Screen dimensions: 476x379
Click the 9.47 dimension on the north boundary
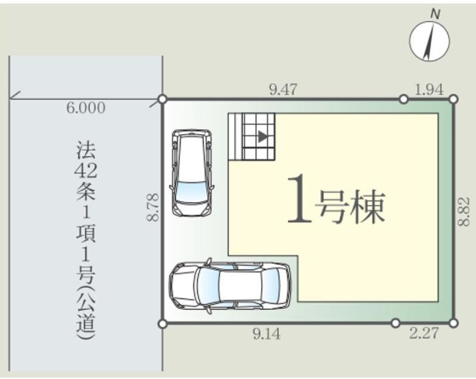283,90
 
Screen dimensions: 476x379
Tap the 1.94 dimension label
429,90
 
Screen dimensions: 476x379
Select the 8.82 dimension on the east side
464,211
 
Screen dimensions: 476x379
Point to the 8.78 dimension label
153,207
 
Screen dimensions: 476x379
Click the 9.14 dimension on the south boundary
267,334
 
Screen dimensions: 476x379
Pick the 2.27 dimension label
424,333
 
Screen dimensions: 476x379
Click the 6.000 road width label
86,108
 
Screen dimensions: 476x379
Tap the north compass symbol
429,41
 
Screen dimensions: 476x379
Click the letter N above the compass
436,14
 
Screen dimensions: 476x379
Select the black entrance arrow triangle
263,136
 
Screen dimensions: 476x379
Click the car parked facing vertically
192,173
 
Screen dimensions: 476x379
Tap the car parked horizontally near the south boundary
230,286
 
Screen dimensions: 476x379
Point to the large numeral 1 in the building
300,199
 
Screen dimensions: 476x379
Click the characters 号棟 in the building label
350,207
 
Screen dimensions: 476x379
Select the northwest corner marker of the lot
163,99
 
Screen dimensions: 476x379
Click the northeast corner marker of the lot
453,99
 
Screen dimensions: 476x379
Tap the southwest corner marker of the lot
163,324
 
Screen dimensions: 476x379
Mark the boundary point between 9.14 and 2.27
395,323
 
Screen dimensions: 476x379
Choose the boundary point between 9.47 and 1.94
404,99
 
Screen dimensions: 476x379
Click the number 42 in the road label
86,172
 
